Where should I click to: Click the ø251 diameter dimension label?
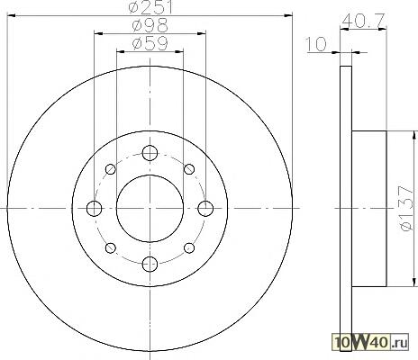(x=150, y=7)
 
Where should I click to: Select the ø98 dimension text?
(x=150, y=25)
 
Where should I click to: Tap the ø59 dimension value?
(x=150, y=43)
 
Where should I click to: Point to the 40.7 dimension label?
(x=363, y=21)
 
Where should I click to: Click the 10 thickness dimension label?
(x=316, y=44)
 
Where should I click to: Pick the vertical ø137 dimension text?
(x=407, y=209)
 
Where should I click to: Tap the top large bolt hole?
(x=150, y=153)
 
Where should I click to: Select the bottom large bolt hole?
(x=150, y=264)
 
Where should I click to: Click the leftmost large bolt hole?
(x=94, y=209)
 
